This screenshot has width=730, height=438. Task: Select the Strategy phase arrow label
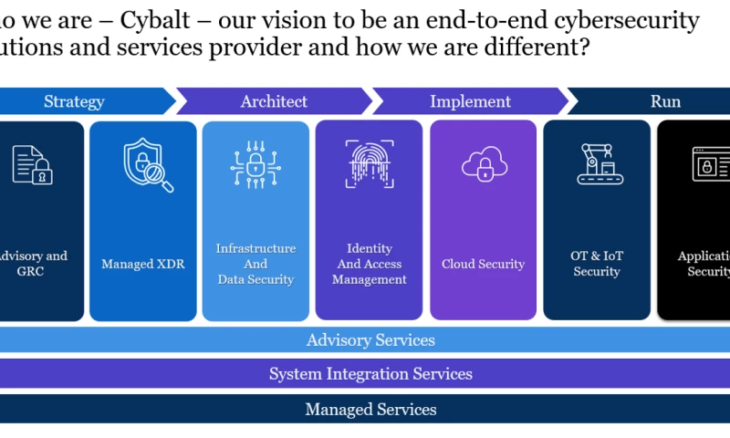pos(74,101)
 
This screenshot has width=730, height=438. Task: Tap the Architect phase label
pos(274,101)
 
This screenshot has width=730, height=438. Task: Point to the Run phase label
pos(665,101)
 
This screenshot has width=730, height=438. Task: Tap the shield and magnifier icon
pos(147,165)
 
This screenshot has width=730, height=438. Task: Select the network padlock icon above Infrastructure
pos(255,164)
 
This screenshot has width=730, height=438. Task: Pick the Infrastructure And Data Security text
pos(255,264)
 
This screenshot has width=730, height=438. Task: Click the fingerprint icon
pos(370,164)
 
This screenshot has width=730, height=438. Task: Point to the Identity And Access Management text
pos(370,264)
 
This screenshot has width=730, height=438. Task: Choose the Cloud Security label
pos(483,265)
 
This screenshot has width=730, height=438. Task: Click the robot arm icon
pos(597,164)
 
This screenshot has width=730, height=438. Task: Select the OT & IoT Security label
pos(597,264)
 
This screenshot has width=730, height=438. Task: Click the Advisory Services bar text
pos(370,340)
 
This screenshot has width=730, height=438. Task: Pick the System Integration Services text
pos(370,374)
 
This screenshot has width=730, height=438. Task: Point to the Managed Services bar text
pos(370,410)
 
